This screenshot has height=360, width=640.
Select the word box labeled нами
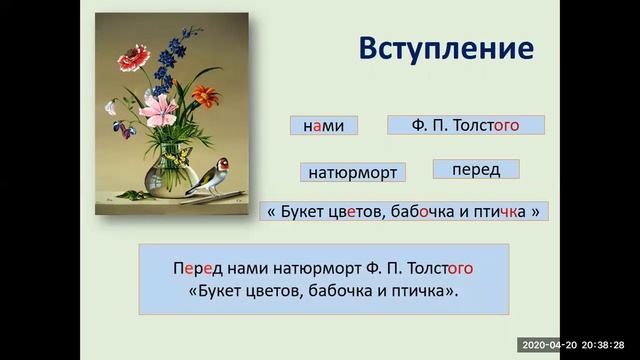point(323,126)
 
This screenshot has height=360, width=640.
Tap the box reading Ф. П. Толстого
point(465,126)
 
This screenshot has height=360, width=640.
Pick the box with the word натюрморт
point(352,172)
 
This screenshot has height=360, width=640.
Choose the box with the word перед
point(476,170)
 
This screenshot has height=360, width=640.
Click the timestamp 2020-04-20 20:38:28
point(577,345)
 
